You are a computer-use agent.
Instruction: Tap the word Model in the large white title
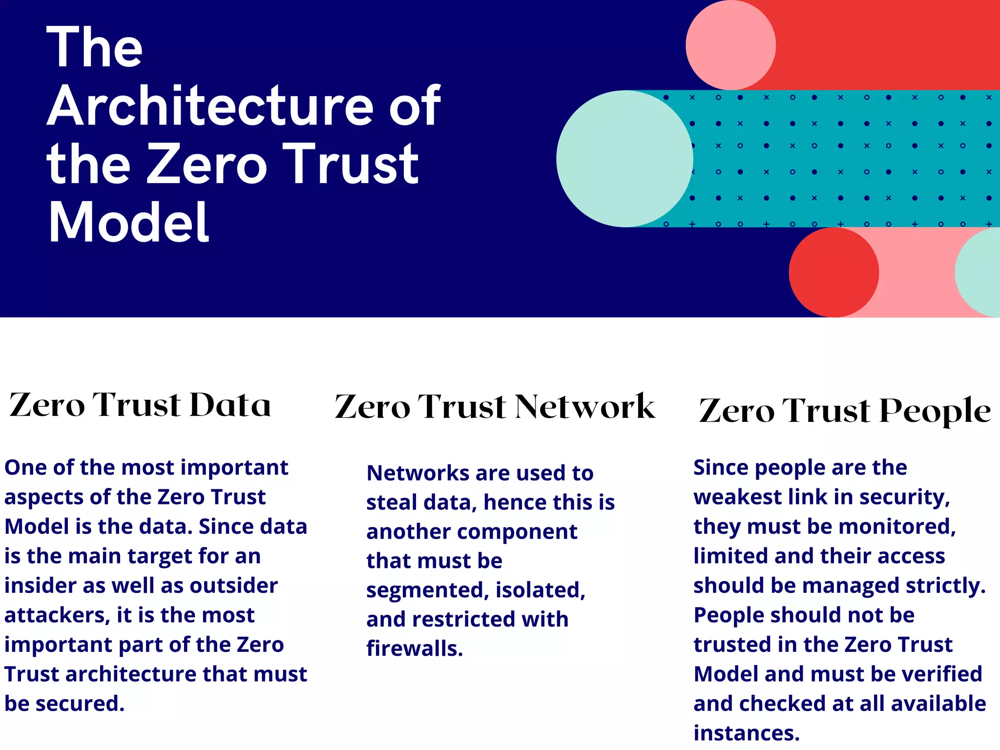[x=129, y=222]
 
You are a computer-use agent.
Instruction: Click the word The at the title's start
[x=95, y=47]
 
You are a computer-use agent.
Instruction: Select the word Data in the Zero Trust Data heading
[x=230, y=405]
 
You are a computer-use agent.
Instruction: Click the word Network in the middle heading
[x=585, y=407]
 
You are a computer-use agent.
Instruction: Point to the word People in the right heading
[x=935, y=411]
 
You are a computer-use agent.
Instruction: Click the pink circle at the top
[x=730, y=45]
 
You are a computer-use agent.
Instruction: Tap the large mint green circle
[x=625, y=159]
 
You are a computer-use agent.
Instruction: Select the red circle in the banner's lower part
[x=833, y=272]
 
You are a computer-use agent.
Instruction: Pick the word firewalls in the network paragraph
[x=415, y=648]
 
